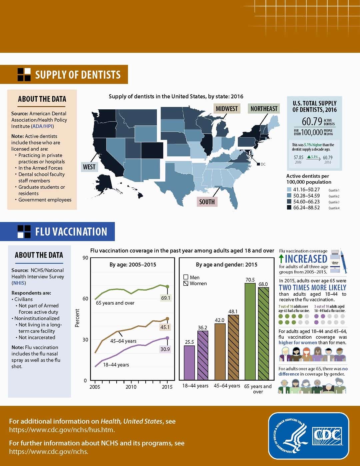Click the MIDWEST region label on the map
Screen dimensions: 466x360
point(227,109)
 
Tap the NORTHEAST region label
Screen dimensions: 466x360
point(264,109)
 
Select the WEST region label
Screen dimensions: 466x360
point(89,167)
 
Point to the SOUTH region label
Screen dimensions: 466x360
point(207,202)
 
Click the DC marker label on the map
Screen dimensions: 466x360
point(263,164)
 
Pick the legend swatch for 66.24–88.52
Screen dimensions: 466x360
point(289,208)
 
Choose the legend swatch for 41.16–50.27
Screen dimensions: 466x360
point(289,190)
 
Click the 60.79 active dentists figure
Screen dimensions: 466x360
point(312,121)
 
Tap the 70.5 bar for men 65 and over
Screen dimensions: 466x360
point(250,332)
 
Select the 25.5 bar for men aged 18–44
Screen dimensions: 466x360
point(189,363)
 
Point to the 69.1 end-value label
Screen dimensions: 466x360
point(165,298)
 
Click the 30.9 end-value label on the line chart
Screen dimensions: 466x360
point(165,349)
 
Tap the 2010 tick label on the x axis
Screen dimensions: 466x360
point(131,387)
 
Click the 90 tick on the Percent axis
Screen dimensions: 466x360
point(85,258)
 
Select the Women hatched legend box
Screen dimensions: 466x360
point(186,284)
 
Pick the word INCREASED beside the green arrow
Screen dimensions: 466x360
point(306,259)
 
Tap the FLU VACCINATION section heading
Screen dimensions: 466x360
point(71,232)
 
